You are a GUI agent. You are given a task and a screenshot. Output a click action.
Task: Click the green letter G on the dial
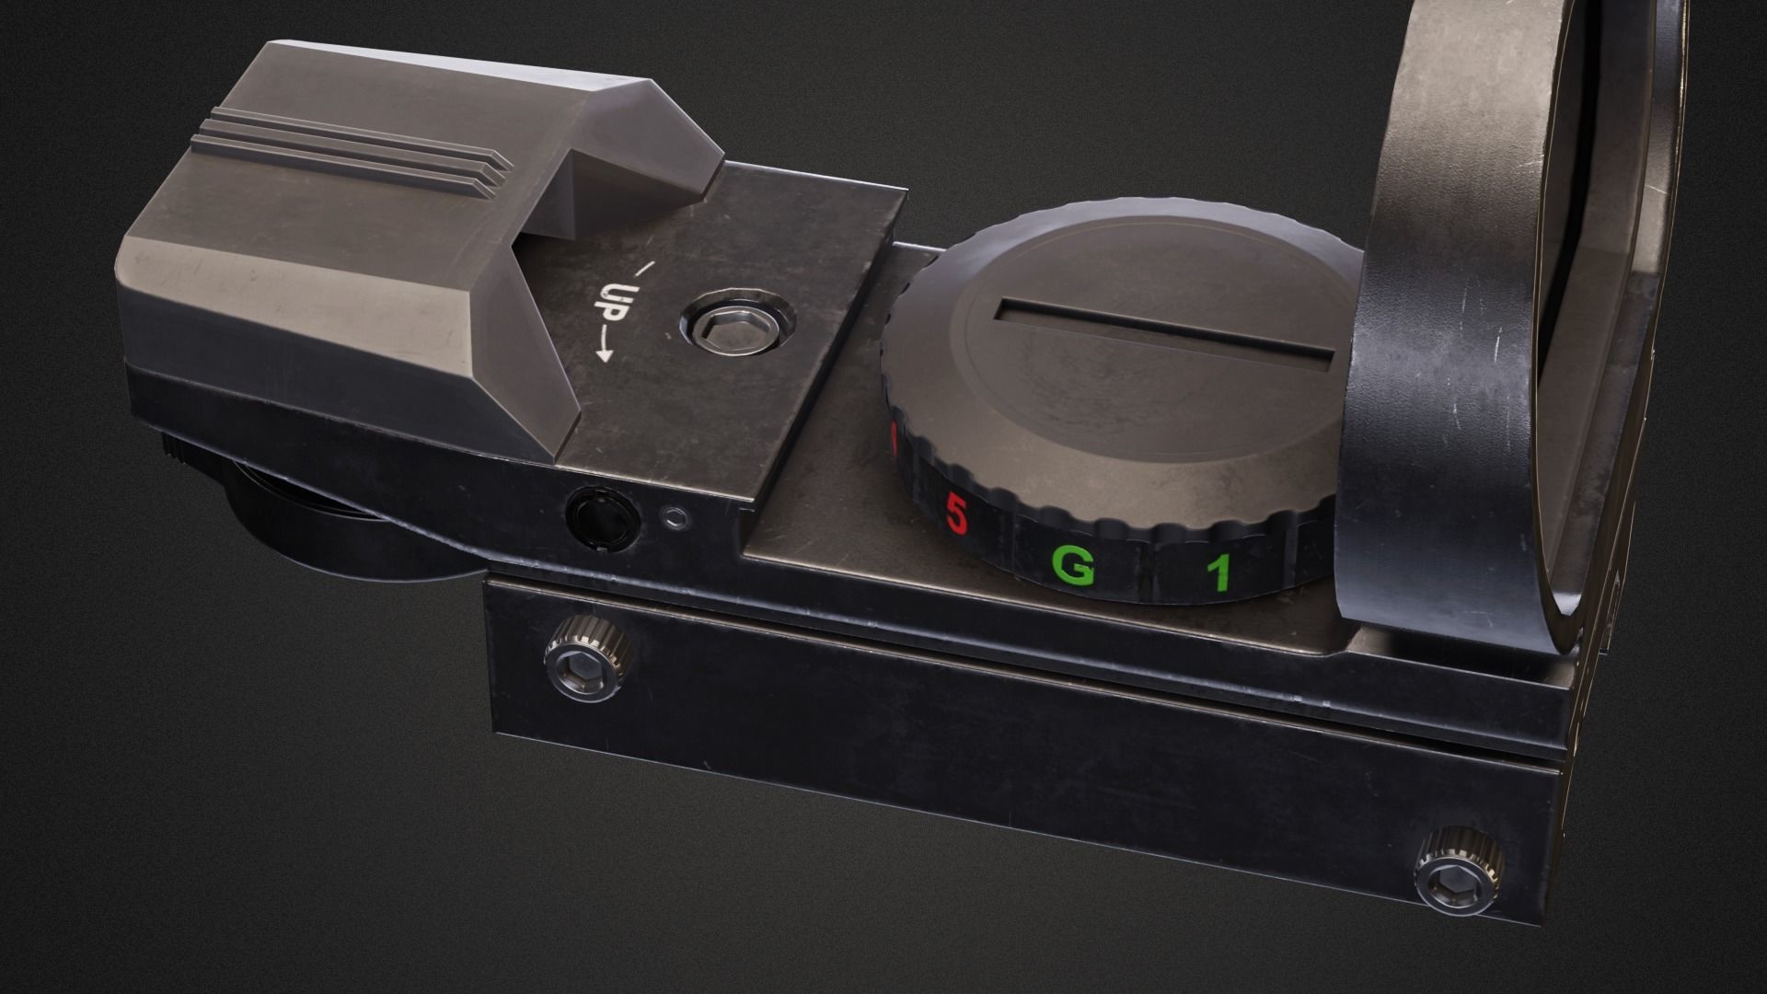click(x=1072, y=569)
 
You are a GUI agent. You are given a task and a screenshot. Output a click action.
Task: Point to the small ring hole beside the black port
click(x=677, y=518)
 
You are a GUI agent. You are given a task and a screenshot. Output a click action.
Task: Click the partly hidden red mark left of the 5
click(x=893, y=442)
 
